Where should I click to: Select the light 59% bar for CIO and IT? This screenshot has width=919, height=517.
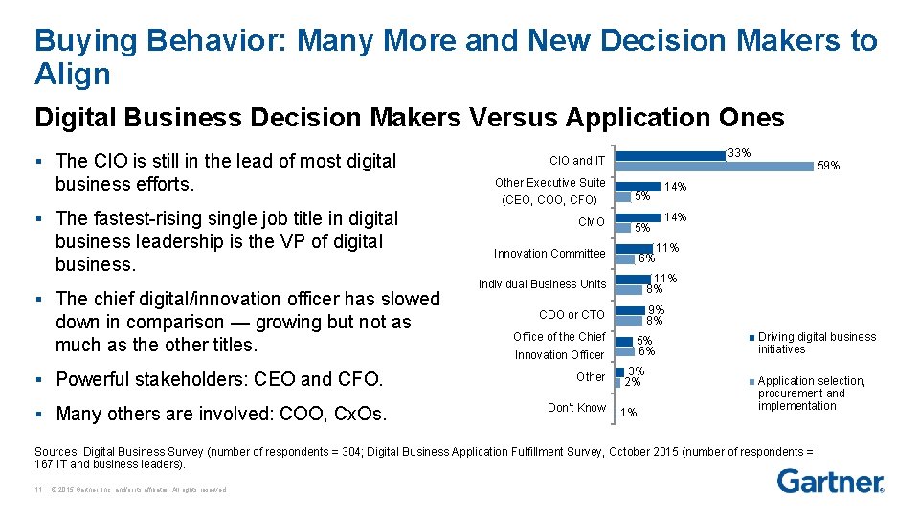coord(713,165)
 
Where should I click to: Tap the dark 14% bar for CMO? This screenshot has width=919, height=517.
coord(639,216)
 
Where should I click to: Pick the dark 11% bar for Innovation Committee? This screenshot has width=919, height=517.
coord(634,248)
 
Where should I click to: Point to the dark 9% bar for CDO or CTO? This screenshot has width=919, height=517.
coord(630,309)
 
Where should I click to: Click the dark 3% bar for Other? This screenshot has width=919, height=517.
coord(619,371)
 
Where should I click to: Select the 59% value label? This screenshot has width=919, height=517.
coord(828,166)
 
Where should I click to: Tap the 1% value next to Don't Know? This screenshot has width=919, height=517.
coord(628,413)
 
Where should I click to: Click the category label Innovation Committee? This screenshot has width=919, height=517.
coord(549,254)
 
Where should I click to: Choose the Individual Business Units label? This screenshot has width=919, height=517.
coord(543,284)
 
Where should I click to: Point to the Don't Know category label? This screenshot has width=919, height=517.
coord(576,408)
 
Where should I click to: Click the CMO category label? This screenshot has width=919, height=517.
coord(592,222)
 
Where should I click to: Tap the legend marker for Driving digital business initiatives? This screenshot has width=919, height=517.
coord(752,337)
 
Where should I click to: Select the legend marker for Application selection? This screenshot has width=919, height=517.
coord(752,381)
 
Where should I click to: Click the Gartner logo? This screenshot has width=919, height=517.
coord(830,481)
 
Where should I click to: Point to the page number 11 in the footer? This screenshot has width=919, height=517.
coord(35,490)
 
